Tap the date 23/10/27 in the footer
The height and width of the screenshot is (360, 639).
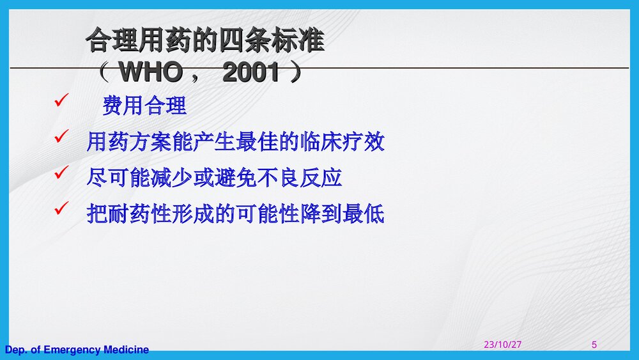click(502, 345)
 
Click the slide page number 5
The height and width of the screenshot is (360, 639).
click(594, 345)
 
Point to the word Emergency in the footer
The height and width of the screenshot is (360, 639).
click(72, 350)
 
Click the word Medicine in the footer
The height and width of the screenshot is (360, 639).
click(126, 350)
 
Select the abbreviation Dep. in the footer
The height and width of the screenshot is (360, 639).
click(16, 350)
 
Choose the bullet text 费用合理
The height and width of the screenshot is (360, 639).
click(144, 106)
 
